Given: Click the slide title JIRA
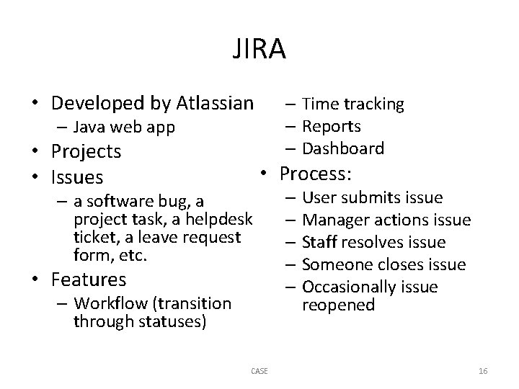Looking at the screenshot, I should [259, 49].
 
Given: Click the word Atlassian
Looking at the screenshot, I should [214, 103].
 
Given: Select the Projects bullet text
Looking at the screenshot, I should [85, 151].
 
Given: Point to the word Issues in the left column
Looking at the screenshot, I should [76, 176].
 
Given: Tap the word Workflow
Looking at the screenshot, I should [110, 303].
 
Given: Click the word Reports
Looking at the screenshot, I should [332, 126].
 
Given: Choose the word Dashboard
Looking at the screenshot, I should [343, 148].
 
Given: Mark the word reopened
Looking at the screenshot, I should [338, 305].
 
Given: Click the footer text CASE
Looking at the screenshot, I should [259, 371].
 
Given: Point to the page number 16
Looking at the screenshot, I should [483, 371].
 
